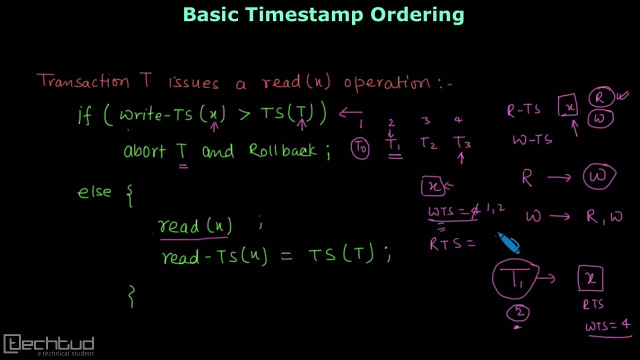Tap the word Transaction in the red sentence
click(82, 81)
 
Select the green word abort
click(144, 150)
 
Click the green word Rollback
click(282, 150)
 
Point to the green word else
click(94, 192)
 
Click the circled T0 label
click(360, 148)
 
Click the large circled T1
click(515, 279)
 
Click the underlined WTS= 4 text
click(608, 326)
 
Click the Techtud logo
click(49, 344)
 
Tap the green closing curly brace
click(131, 295)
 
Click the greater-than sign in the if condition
click(244, 114)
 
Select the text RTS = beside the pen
click(451, 244)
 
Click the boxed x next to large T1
click(591, 278)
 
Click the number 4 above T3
click(458, 120)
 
